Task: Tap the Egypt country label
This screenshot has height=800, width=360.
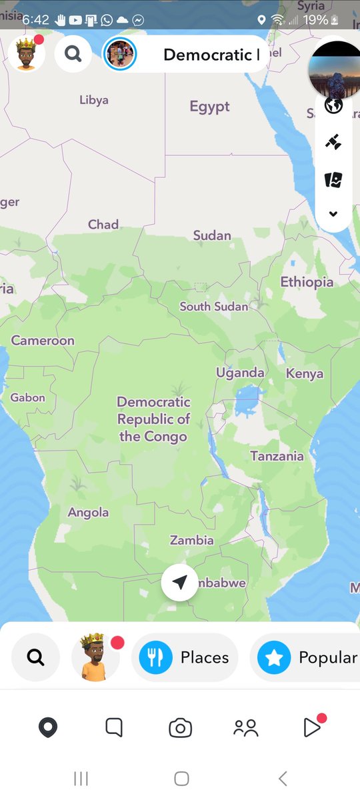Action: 209,107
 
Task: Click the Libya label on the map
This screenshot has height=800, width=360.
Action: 93,100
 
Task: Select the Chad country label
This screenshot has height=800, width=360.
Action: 103,225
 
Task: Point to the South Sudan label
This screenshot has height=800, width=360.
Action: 213,307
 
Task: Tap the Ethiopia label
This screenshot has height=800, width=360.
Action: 307,282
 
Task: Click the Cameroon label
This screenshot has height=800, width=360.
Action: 43,341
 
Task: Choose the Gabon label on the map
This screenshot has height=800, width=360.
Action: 27,398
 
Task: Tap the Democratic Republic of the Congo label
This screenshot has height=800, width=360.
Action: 153,419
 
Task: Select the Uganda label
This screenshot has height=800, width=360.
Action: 240,373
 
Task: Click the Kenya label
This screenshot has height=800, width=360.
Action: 305,374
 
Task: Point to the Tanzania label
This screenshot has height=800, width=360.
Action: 277,457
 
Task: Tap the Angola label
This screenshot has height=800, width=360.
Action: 88,513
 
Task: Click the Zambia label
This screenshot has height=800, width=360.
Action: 191,541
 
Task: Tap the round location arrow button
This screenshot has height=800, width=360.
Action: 179,583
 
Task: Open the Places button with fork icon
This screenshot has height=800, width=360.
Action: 185,657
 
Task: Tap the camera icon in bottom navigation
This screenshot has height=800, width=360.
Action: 180,728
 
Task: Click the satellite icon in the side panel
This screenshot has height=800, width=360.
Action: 333,141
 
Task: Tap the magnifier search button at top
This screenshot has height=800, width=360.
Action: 73,54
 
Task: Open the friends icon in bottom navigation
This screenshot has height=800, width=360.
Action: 245,728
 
